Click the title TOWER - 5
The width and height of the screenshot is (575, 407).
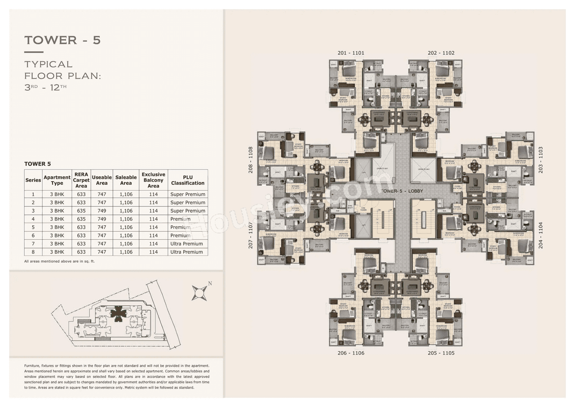(62, 40)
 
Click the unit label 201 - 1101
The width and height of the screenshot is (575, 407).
(351, 53)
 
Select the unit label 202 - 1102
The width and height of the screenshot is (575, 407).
(441, 53)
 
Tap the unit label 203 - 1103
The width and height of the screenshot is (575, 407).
(540, 160)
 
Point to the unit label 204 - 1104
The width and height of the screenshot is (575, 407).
(540, 235)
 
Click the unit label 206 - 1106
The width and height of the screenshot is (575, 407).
(351, 353)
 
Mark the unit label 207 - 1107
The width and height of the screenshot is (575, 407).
(251, 235)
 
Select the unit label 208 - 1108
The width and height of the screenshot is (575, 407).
(251, 160)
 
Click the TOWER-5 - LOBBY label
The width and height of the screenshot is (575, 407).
(401, 191)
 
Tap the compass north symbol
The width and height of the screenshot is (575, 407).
(199, 292)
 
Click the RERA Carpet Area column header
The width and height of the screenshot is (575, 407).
(81, 180)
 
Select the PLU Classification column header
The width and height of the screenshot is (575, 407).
(188, 180)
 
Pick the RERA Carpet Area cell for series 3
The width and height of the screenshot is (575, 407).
(81, 210)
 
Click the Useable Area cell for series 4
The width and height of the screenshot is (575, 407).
(102, 219)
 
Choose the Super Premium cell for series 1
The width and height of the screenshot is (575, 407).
(188, 194)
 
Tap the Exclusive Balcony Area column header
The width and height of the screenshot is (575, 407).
(153, 180)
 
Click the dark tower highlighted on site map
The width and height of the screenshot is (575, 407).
(118, 313)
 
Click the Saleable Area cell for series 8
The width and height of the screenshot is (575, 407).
(126, 252)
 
